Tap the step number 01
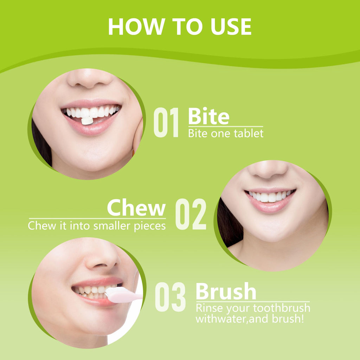(x=166, y=122)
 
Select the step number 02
(x=191, y=214)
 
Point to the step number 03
(x=171, y=297)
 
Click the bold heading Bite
(x=209, y=116)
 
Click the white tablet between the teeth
(x=87, y=121)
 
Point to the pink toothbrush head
(x=117, y=295)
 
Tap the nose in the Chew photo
(x=268, y=169)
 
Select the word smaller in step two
(x=112, y=226)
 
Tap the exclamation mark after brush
(x=302, y=319)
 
